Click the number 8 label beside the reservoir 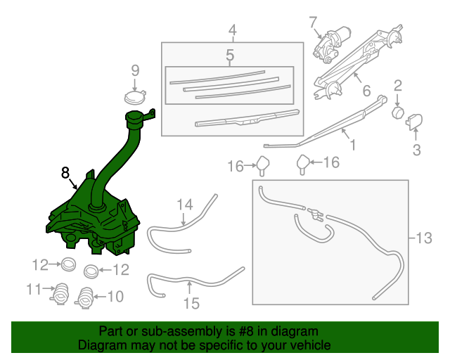pyautogui.click(x=65, y=171)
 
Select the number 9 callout pyautogui.click(x=135, y=70)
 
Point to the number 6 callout pyautogui.click(x=366, y=91)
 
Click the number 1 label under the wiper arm pyautogui.click(x=352, y=146)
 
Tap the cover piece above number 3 pyautogui.click(x=414, y=122)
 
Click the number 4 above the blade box pyautogui.click(x=232, y=30)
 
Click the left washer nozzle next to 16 pyautogui.click(x=264, y=165)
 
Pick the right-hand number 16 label pyautogui.click(x=330, y=163)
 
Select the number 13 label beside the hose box pyautogui.click(x=424, y=238)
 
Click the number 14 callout pyautogui.click(x=184, y=205)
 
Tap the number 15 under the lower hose pyautogui.click(x=191, y=303)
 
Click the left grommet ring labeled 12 pyautogui.click(x=69, y=265)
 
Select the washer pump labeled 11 pyautogui.click(x=61, y=292)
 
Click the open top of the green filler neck pyautogui.click(x=134, y=117)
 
